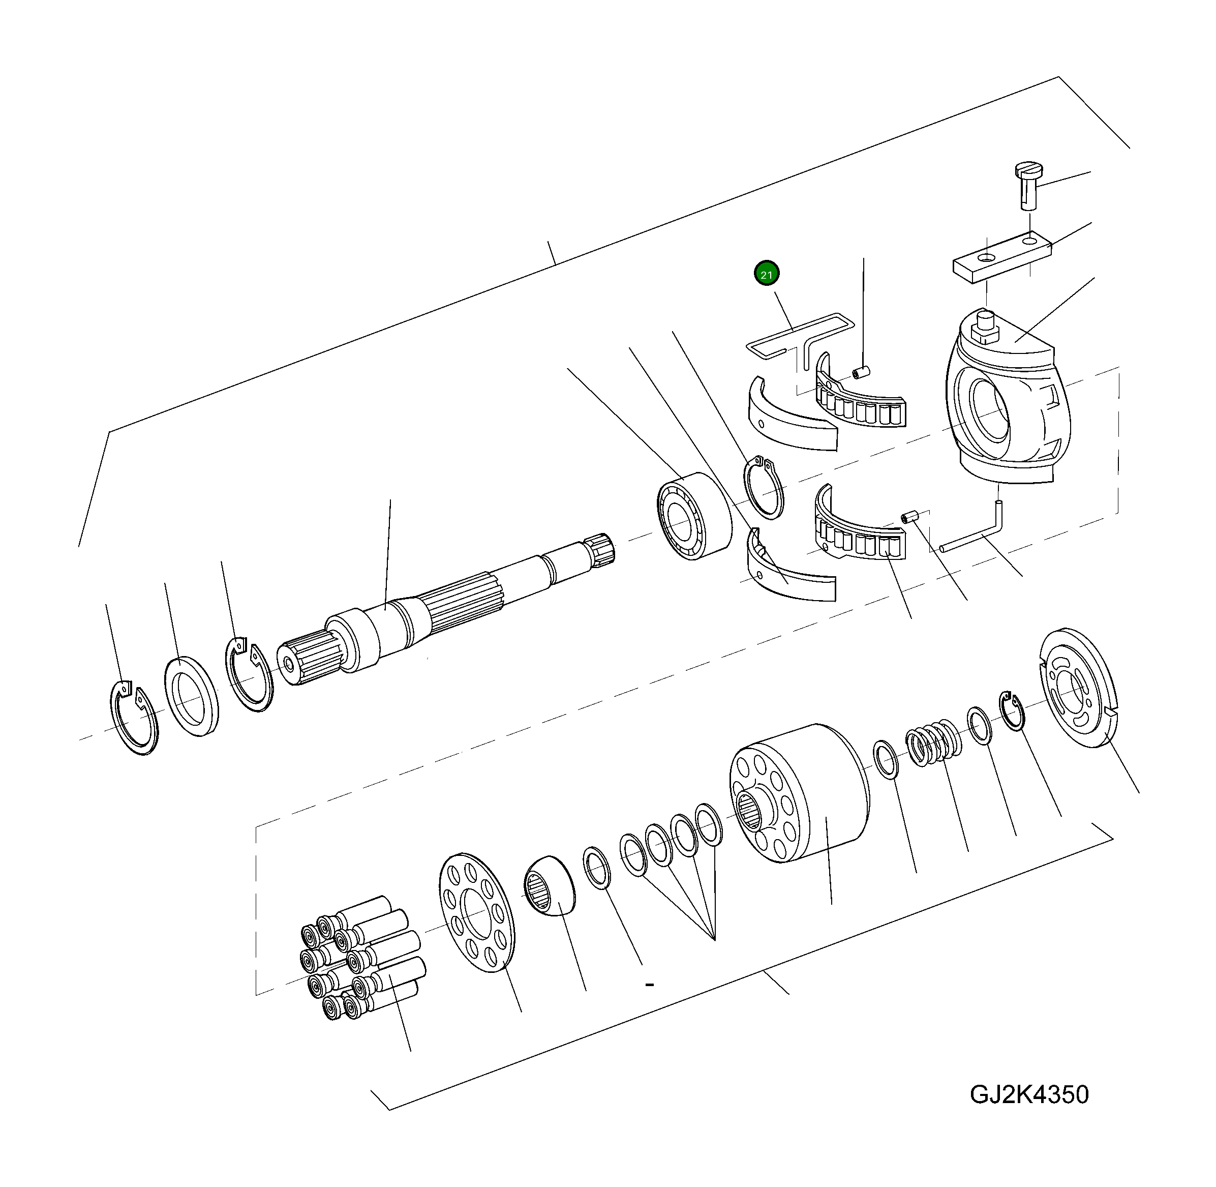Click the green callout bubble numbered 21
click(x=766, y=274)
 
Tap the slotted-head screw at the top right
click(x=1029, y=185)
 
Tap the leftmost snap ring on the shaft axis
click(x=134, y=717)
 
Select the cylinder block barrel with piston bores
click(x=800, y=793)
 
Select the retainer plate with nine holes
click(x=477, y=913)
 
